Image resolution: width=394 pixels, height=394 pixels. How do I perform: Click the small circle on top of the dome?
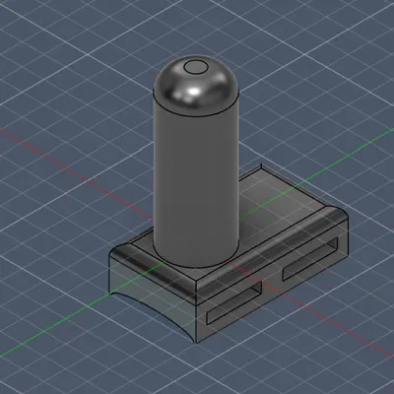click(x=195, y=68)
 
